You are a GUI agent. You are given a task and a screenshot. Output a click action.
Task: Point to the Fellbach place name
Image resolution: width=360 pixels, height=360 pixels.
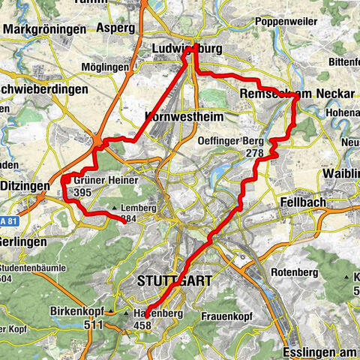click(x=303, y=202)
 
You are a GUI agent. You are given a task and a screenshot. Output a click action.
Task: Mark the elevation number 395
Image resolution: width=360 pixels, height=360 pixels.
click(x=83, y=193)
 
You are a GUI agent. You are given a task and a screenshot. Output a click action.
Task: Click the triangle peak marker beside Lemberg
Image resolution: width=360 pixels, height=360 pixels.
click(x=114, y=208)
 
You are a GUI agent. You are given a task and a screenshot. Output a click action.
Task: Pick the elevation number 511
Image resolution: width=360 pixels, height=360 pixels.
click(x=94, y=325)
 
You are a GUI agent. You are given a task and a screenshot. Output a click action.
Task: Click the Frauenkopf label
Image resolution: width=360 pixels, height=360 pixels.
click(x=224, y=316)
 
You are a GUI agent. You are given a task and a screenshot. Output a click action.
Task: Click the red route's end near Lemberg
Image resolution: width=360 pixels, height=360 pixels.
click(x=124, y=222)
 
